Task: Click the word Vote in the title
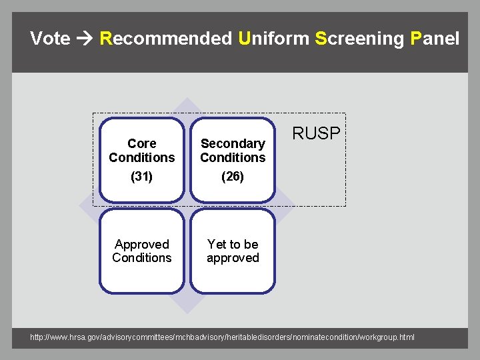pos(50,39)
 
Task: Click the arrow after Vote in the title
pos(85,39)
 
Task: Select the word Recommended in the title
pos(165,39)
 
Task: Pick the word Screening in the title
pos(359,39)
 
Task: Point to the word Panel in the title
pos(435,39)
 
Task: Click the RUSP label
pos(317,133)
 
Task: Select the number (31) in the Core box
pos(141,177)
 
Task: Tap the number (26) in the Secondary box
pos(233,177)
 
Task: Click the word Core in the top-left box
pos(141,143)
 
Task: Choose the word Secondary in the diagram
pos(233,143)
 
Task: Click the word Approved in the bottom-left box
pos(141,244)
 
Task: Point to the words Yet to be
pos(233,244)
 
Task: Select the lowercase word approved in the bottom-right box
pos(233,258)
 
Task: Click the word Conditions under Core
pos(141,158)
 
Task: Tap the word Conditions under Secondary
pos(233,158)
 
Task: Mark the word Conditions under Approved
pos(141,258)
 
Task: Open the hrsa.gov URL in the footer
pos(222,337)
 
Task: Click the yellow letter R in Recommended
pos(105,39)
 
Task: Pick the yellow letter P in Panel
pos(417,39)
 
